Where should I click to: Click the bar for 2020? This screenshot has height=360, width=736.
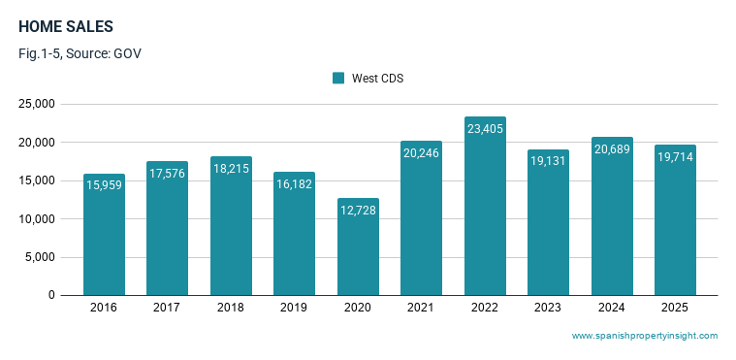pyautogui.click(x=358, y=246)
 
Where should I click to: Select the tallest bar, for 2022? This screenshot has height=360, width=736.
pyautogui.click(x=485, y=206)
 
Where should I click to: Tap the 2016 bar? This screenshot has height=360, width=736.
pyautogui.click(x=104, y=235)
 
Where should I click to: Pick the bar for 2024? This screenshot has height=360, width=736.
pyautogui.click(x=612, y=216)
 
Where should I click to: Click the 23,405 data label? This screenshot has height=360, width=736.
pyautogui.click(x=486, y=129)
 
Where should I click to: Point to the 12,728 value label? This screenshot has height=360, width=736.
pyautogui.click(x=358, y=210)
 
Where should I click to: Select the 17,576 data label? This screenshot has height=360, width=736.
pyautogui.click(x=167, y=174)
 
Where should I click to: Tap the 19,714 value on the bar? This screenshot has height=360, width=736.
pyautogui.click(x=676, y=157)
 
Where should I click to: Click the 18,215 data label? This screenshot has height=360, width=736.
pyautogui.click(x=231, y=168)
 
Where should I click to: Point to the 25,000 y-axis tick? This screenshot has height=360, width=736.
pyautogui.click(x=37, y=104)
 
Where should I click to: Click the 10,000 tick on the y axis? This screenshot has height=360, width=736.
pyautogui.click(x=37, y=219)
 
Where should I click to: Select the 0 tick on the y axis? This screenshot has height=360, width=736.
pyautogui.click(x=51, y=295)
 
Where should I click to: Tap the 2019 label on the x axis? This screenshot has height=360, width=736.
pyautogui.click(x=294, y=308)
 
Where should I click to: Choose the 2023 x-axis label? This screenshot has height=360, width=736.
pyautogui.click(x=548, y=308)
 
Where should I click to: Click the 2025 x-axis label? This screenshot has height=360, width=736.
pyautogui.click(x=675, y=308)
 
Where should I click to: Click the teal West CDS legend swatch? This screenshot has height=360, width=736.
pyautogui.click(x=338, y=78)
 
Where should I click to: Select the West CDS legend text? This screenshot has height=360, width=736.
pyautogui.click(x=378, y=78)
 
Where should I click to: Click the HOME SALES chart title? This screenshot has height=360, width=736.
pyautogui.click(x=66, y=27)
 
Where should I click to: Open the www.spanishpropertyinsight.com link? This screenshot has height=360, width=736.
pyautogui.click(x=645, y=336)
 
